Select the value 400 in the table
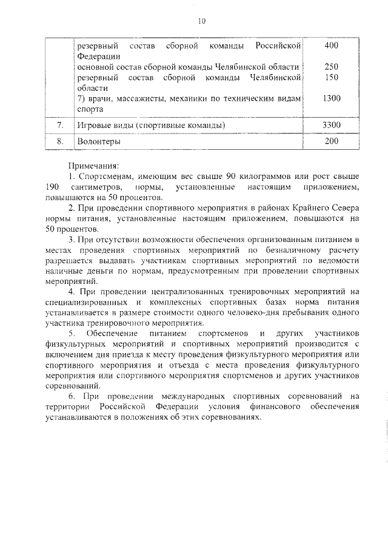(332, 46)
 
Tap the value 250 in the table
(332, 66)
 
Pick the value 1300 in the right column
(332, 98)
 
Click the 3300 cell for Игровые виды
(332, 125)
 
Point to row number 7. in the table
(60, 125)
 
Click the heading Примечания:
(93, 165)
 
